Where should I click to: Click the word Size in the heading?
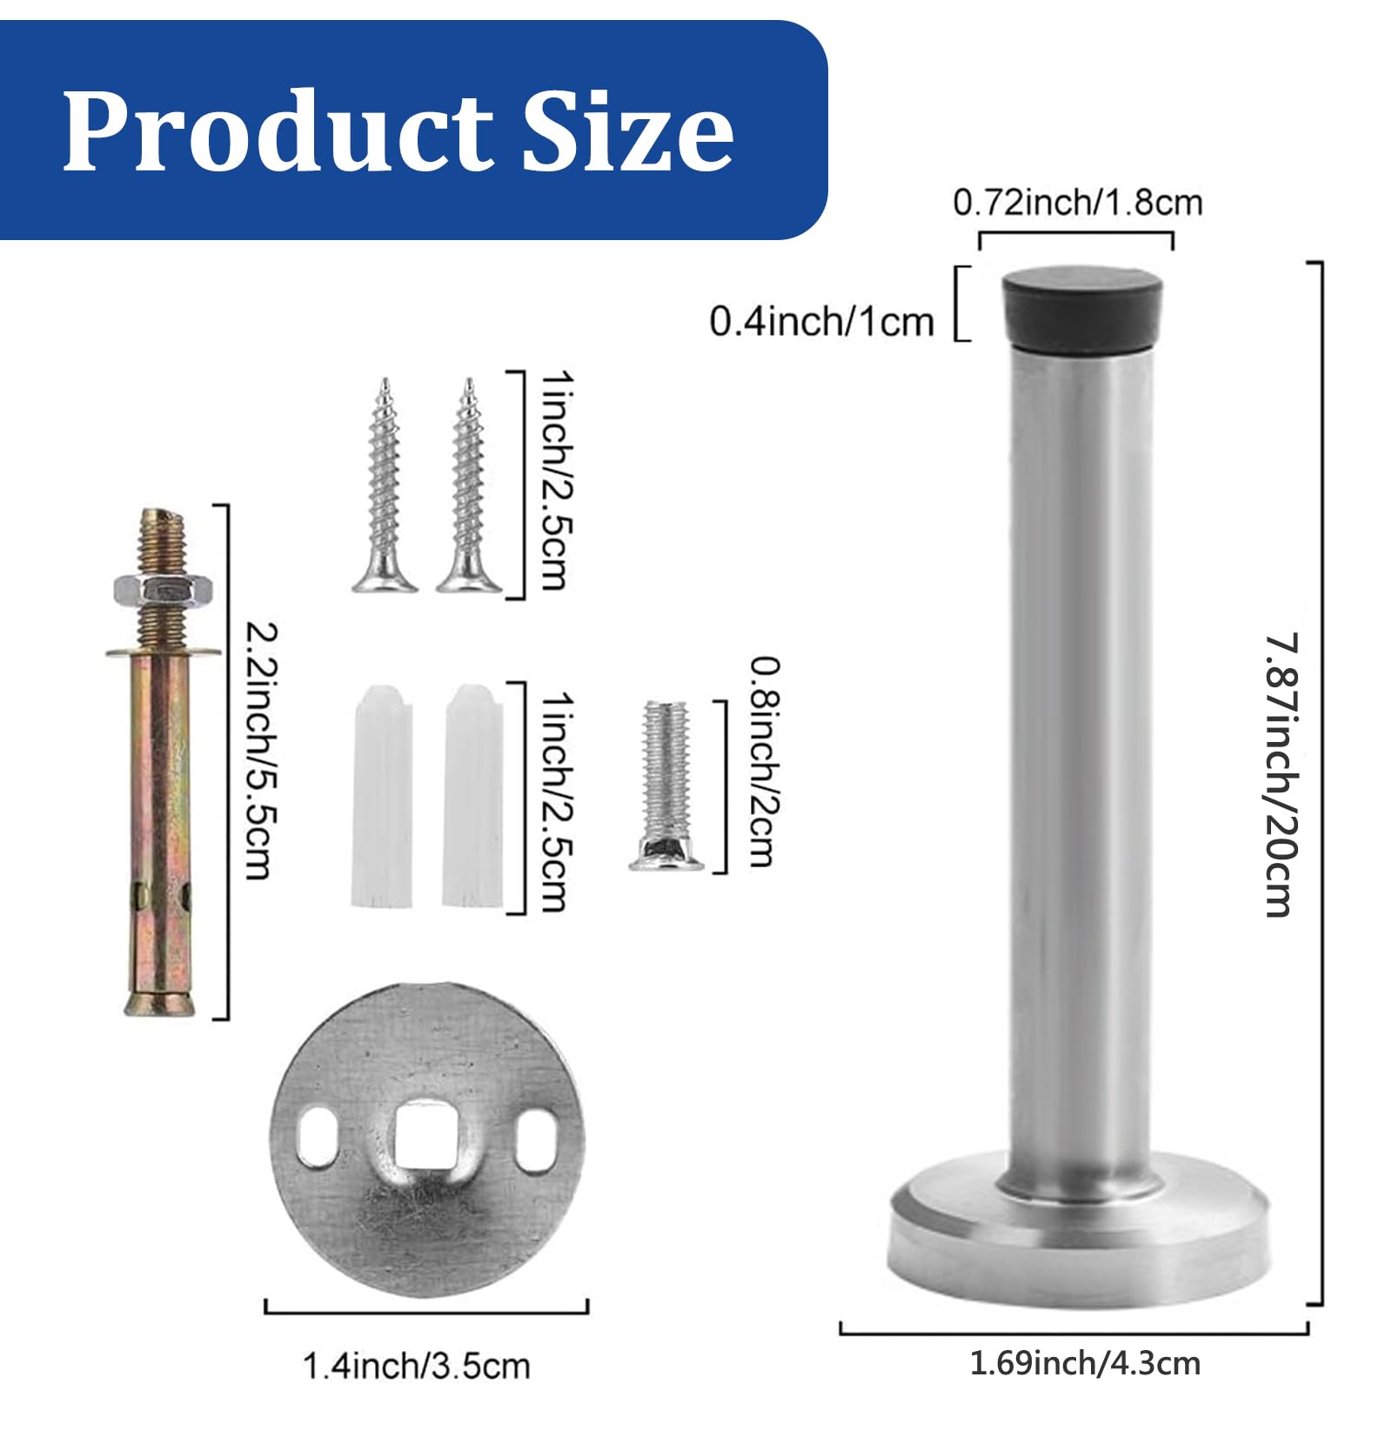point(627,130)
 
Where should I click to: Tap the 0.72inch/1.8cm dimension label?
point(1077,203)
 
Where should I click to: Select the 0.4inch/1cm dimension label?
point(821,322)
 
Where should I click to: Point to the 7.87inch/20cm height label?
point(1281,774)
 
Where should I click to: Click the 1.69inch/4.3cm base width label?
point(1085,1363)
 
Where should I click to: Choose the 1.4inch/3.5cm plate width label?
point(416,1366)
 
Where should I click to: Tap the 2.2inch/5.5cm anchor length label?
point(260,751)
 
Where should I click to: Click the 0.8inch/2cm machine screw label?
point(764,762)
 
